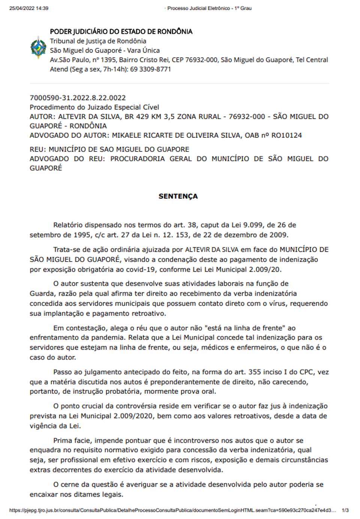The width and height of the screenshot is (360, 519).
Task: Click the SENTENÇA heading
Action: pos(178,196)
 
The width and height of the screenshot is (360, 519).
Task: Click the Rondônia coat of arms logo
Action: pos(38,48)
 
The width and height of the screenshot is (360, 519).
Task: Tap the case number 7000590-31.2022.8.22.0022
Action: pos(78,98)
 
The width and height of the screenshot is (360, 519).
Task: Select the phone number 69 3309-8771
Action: pos(150,69)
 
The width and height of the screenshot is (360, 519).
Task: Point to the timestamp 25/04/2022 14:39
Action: pos(29,8)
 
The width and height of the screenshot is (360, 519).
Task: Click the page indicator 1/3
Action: pos(345,510)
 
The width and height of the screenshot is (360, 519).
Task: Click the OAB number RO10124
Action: pos(286,135)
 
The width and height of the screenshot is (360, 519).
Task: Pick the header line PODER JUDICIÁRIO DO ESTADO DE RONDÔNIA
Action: pos(121,31)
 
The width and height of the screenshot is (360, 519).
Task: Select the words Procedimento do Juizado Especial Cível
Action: pos(94,107)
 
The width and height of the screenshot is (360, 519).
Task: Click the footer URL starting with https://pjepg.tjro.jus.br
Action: pos(172,510)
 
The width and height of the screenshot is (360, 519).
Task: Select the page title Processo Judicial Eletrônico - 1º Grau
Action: pos(209,8)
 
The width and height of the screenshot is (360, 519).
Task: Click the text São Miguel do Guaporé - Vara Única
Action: pos(105,51)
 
